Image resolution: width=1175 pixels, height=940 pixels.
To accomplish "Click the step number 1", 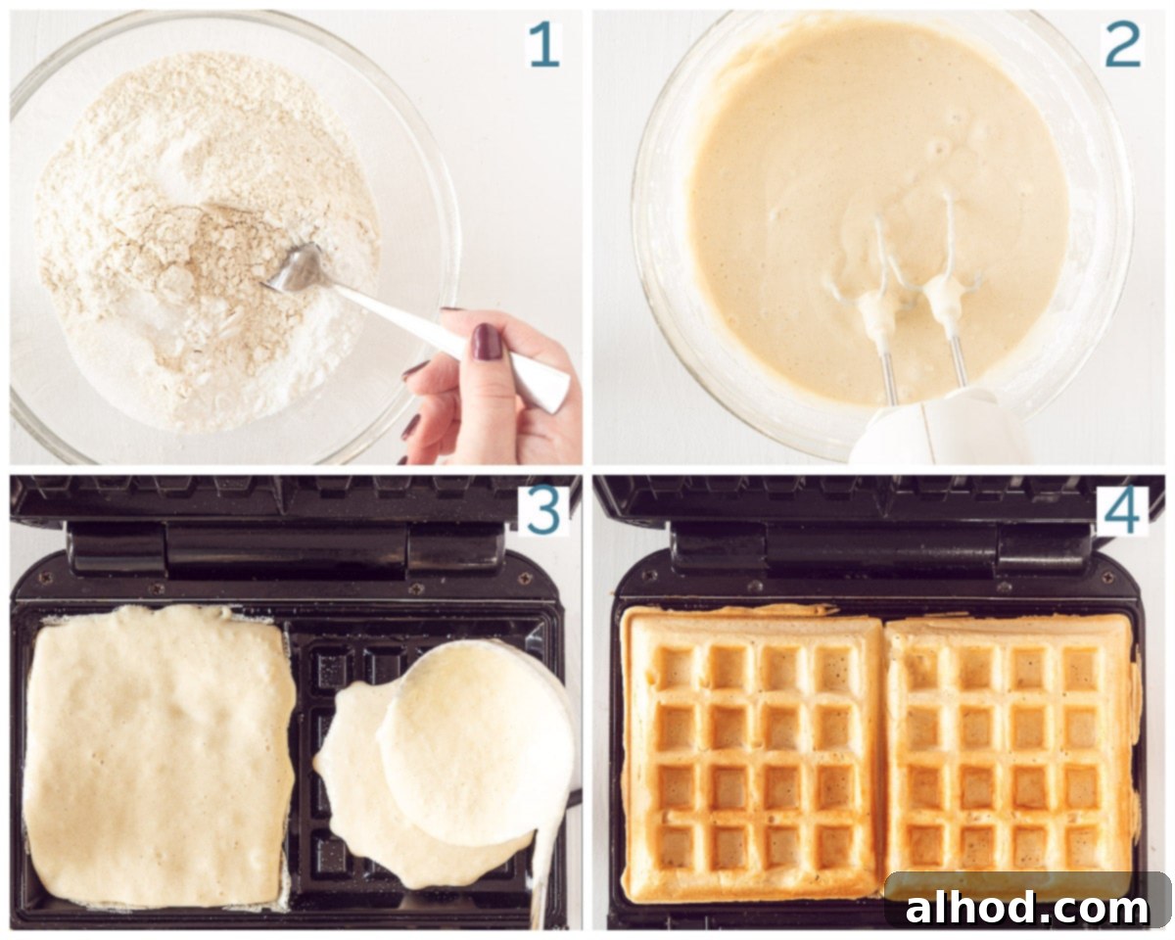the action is pyautogui.click(x=543, y=46).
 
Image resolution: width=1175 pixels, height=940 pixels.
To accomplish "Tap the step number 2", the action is pyautogui.click(x=1122, y=46).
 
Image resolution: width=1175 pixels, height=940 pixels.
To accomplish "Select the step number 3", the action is pyautogui.click(x=543, y=511).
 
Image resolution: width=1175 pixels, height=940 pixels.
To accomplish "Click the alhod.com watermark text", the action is pyautogui.click(x=1026, y=908).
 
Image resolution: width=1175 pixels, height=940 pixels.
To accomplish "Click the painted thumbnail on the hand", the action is pyautogui.click(x=487, y=342).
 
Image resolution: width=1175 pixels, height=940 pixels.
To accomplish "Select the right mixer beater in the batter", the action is pyautogui.click(x=947, y=284).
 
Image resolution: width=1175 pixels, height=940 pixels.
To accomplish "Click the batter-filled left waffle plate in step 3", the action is pyautogui.click(x=159, y=757).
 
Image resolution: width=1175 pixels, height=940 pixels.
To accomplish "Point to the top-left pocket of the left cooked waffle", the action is pyautogui.click(x=676, y=668).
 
